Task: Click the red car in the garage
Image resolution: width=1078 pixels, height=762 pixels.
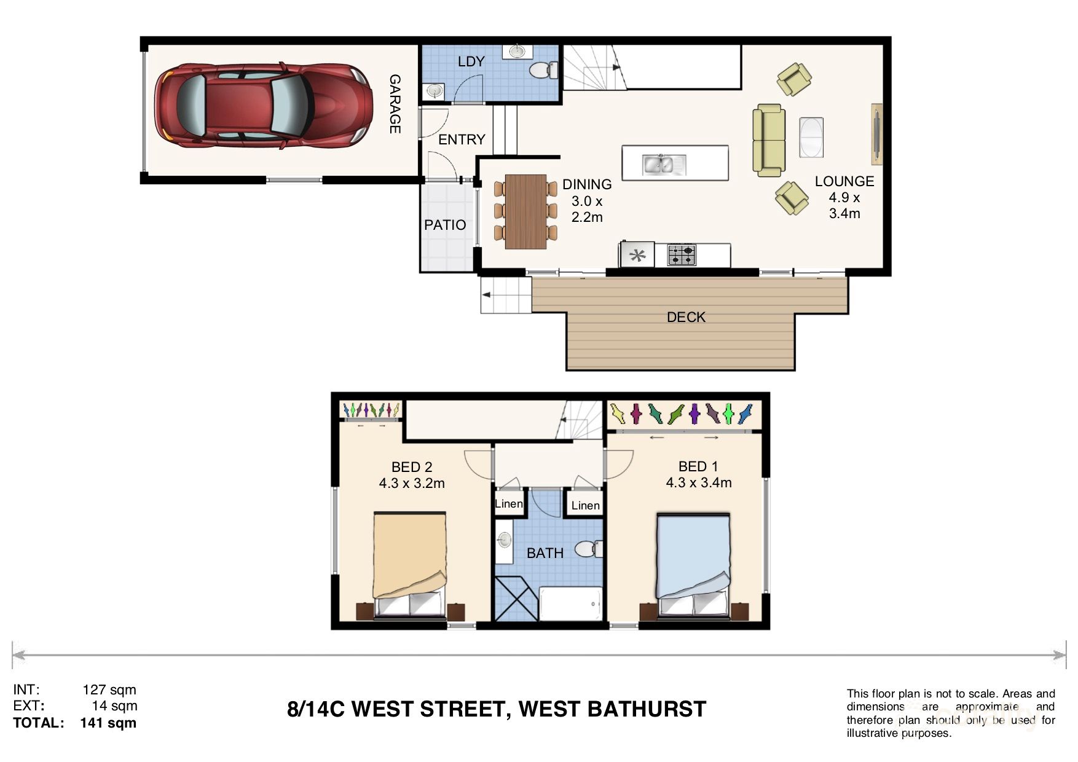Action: pos(263,106)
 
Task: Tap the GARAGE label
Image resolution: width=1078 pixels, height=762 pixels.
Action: pos(395,104)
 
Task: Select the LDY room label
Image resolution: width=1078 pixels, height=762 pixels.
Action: pos(471,61)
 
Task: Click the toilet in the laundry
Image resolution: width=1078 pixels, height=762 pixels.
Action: pos(543,71)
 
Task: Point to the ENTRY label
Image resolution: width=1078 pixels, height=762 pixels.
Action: pos(462,139)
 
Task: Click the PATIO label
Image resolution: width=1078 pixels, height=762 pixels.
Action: pos(445,225)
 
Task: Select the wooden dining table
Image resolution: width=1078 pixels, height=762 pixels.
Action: pos(525,212)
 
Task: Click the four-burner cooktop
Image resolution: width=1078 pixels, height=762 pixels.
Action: pos(682,254)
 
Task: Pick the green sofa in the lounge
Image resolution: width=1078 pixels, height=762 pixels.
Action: pos(769,140)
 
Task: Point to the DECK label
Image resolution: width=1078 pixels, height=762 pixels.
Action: pos(686,317)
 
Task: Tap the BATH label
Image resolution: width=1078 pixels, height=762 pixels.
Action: pos(545,553)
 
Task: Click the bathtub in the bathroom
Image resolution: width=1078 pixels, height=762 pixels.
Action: pos(570,603)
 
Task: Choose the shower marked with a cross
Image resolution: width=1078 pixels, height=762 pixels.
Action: pos(516,598)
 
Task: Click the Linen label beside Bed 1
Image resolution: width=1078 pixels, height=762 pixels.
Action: pos(585,505)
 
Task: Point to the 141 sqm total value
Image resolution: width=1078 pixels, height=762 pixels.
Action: pos(108,723)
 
